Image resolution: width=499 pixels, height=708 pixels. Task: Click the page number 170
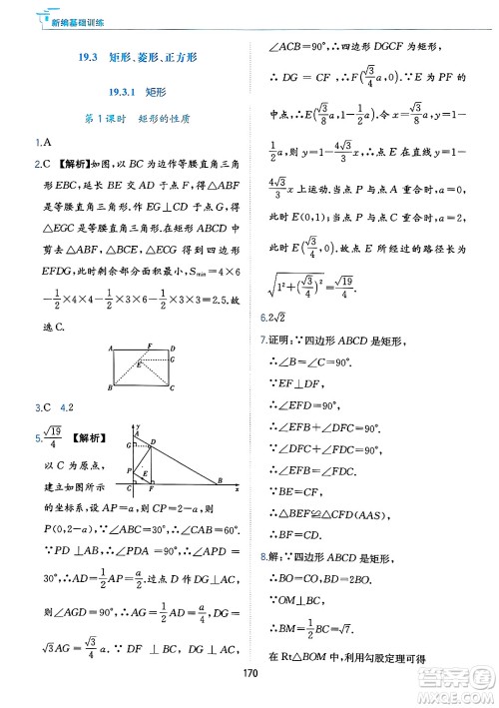click(x=249, y=672)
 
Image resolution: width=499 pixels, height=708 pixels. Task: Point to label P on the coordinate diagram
click(x=129, y=469)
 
